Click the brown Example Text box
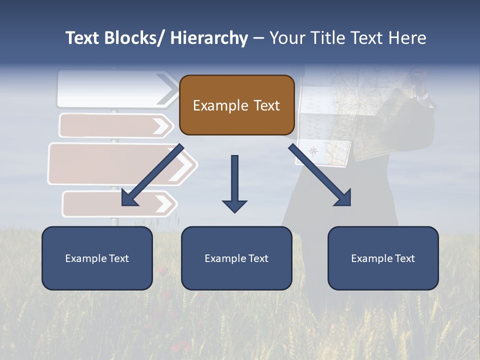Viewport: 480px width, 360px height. [236, 105]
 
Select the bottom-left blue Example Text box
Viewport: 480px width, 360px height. [97, 258]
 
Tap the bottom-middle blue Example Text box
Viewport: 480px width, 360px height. [236, 258]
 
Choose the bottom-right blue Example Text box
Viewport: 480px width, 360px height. [383, 258]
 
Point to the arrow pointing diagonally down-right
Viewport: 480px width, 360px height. [320, 175]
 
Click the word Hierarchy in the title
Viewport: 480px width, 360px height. [209, 38]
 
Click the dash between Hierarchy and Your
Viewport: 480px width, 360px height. [258, 38]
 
